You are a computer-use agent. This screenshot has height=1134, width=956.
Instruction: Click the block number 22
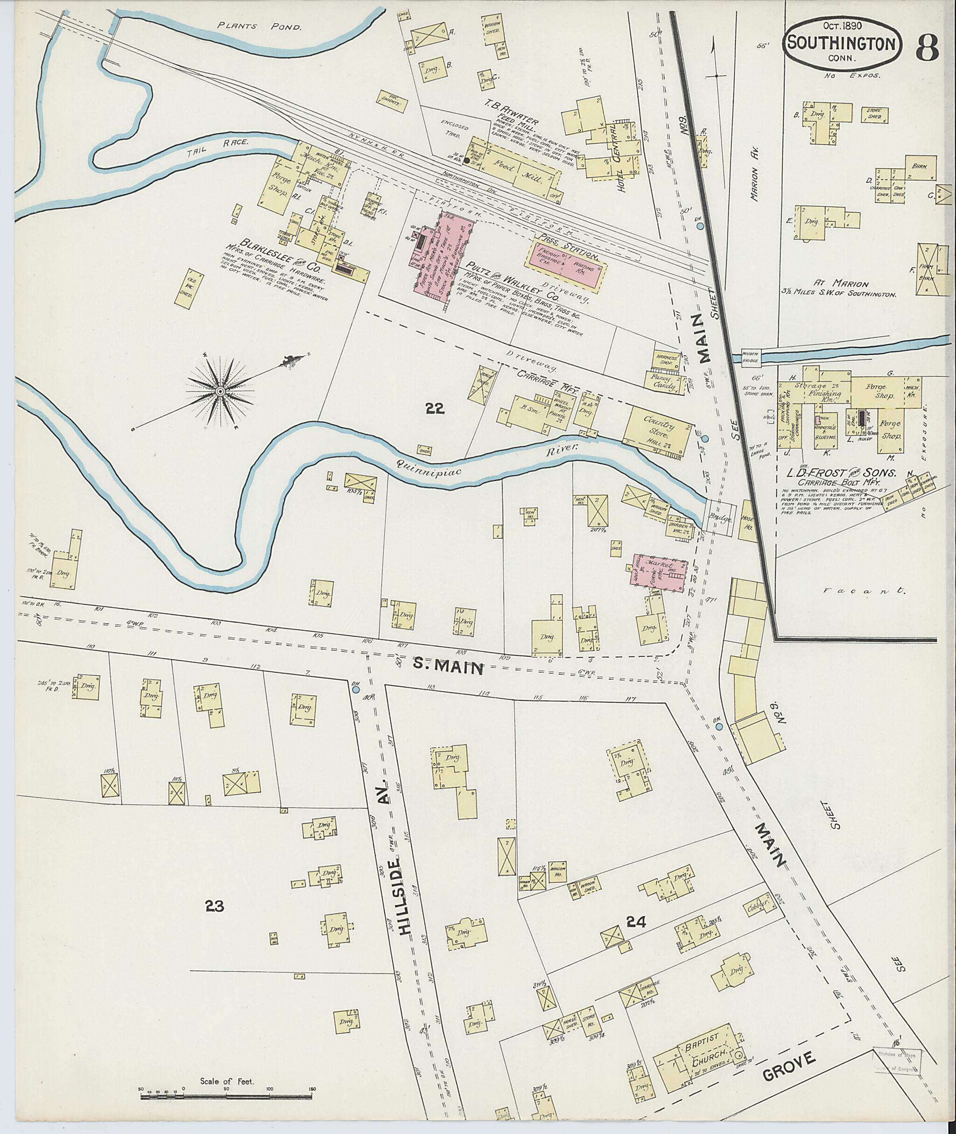point(435,409)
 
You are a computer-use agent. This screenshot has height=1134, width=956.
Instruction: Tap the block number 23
point(215,906)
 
